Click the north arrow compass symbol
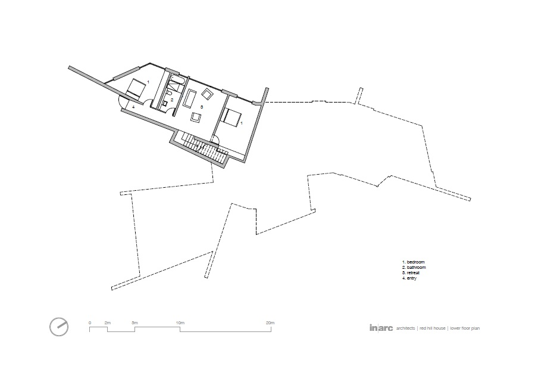point(59,327)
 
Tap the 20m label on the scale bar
point(270,323)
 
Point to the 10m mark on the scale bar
point(180,323)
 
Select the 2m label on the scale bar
point(108,323)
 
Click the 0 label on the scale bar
point(90,323)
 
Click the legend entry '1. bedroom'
point(414,262)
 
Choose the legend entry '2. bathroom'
point(414,268)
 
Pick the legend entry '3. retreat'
point(411,273)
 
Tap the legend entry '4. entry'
point(409,278)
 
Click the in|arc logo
point(381,328)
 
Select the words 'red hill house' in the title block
point(432,328)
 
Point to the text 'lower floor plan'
point(465,328)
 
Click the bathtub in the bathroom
point(177,80)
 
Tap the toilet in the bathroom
point(168,93)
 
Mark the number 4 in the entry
point(134,107)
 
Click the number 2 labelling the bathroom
point(173,100)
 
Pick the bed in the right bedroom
point(232,117)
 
